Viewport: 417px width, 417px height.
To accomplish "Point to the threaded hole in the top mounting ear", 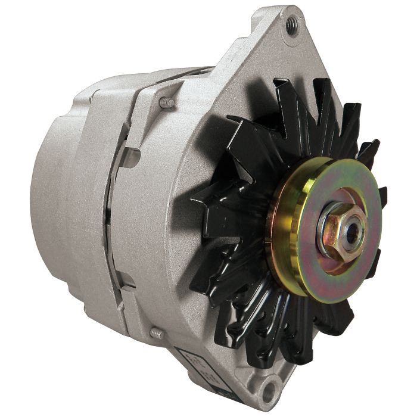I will click(x=291, y=25).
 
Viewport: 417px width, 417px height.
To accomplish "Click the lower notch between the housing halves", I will click(x=124, y=280).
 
